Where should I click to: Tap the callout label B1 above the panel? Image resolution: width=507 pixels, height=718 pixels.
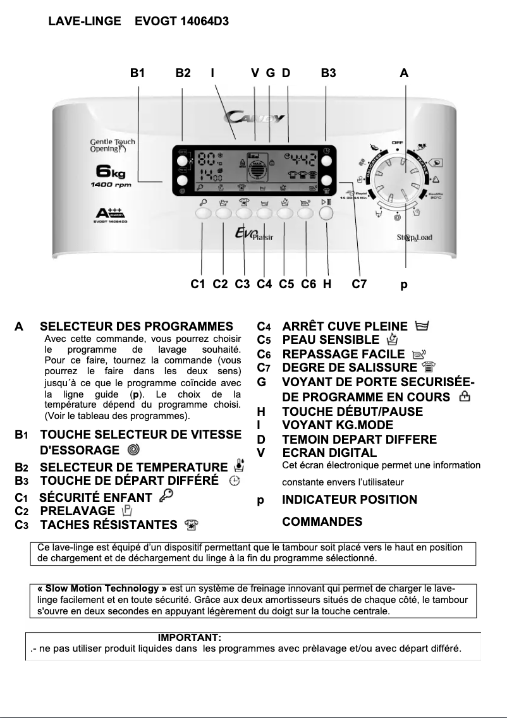(138, 73)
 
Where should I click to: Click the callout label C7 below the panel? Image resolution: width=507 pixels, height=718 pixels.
(359, 284)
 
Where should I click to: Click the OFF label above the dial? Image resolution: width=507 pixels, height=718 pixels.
(397, 143)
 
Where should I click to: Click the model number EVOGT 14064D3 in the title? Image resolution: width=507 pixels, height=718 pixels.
(181, 21)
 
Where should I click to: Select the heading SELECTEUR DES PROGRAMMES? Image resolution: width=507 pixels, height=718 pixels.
(137, 327)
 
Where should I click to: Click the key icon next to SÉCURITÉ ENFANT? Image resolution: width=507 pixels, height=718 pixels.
(166, 497)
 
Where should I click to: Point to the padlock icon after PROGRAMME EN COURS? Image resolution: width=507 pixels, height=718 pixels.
(465, 396)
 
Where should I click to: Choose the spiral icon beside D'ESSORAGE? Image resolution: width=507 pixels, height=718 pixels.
(133, 450)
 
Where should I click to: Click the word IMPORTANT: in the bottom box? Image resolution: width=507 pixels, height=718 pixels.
(189, 638)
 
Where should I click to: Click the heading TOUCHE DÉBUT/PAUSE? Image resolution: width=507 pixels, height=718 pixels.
(352, 411)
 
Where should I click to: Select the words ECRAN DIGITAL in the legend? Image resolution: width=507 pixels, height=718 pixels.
(329, 453)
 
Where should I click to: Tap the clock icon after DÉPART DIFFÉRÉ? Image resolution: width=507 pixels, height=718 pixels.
(234, 482)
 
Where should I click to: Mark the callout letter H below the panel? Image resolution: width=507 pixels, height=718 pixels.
(327, 284)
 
